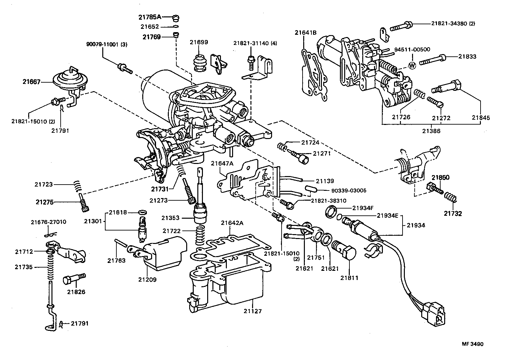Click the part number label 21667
coord(31,82)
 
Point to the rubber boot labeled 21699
coord(199,62)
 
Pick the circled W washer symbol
coord(412,65)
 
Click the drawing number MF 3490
coord(472,344)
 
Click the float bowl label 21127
coord(252,311)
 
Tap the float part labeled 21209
coord(164,256)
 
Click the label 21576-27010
coord(49,222)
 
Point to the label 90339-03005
coord(349,190)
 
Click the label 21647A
coord(222,163)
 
